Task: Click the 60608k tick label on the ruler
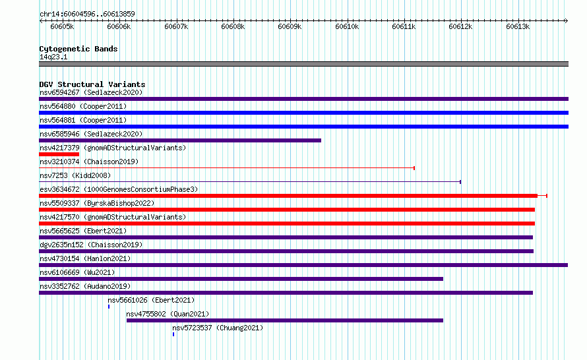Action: click(x=233, y=26)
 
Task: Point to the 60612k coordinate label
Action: click(x=460, y=26)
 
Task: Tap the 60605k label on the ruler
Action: click(x=62, y=26)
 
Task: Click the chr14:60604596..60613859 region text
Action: click(x=87, y=14)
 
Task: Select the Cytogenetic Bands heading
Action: click(x=78, y=49)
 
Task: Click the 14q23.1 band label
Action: click(x=53, y=57)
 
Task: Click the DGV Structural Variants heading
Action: click(x=92, y=84)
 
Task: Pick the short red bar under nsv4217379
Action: click(x=59, y=154)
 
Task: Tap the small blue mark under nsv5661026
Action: click(x=109, y=307)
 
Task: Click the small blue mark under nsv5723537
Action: click(x=173, y=334)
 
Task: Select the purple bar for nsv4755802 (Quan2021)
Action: click(x=285, y=320)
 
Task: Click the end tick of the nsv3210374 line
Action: click(x=414, y=168)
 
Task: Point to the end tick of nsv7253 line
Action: click(x=460, y=182)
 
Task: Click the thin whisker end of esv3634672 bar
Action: click(x=547, y=196)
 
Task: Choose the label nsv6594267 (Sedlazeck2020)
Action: click(x=91, y=92)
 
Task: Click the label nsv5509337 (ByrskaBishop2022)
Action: click(x=97, y=203)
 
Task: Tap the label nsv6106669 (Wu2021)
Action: click(x=77, y=272)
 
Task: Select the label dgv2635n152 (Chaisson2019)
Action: click(x=91, y=245)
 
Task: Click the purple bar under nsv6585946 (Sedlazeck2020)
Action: click(x=180, y=140)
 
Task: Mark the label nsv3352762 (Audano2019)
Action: click(x=85, y=286)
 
